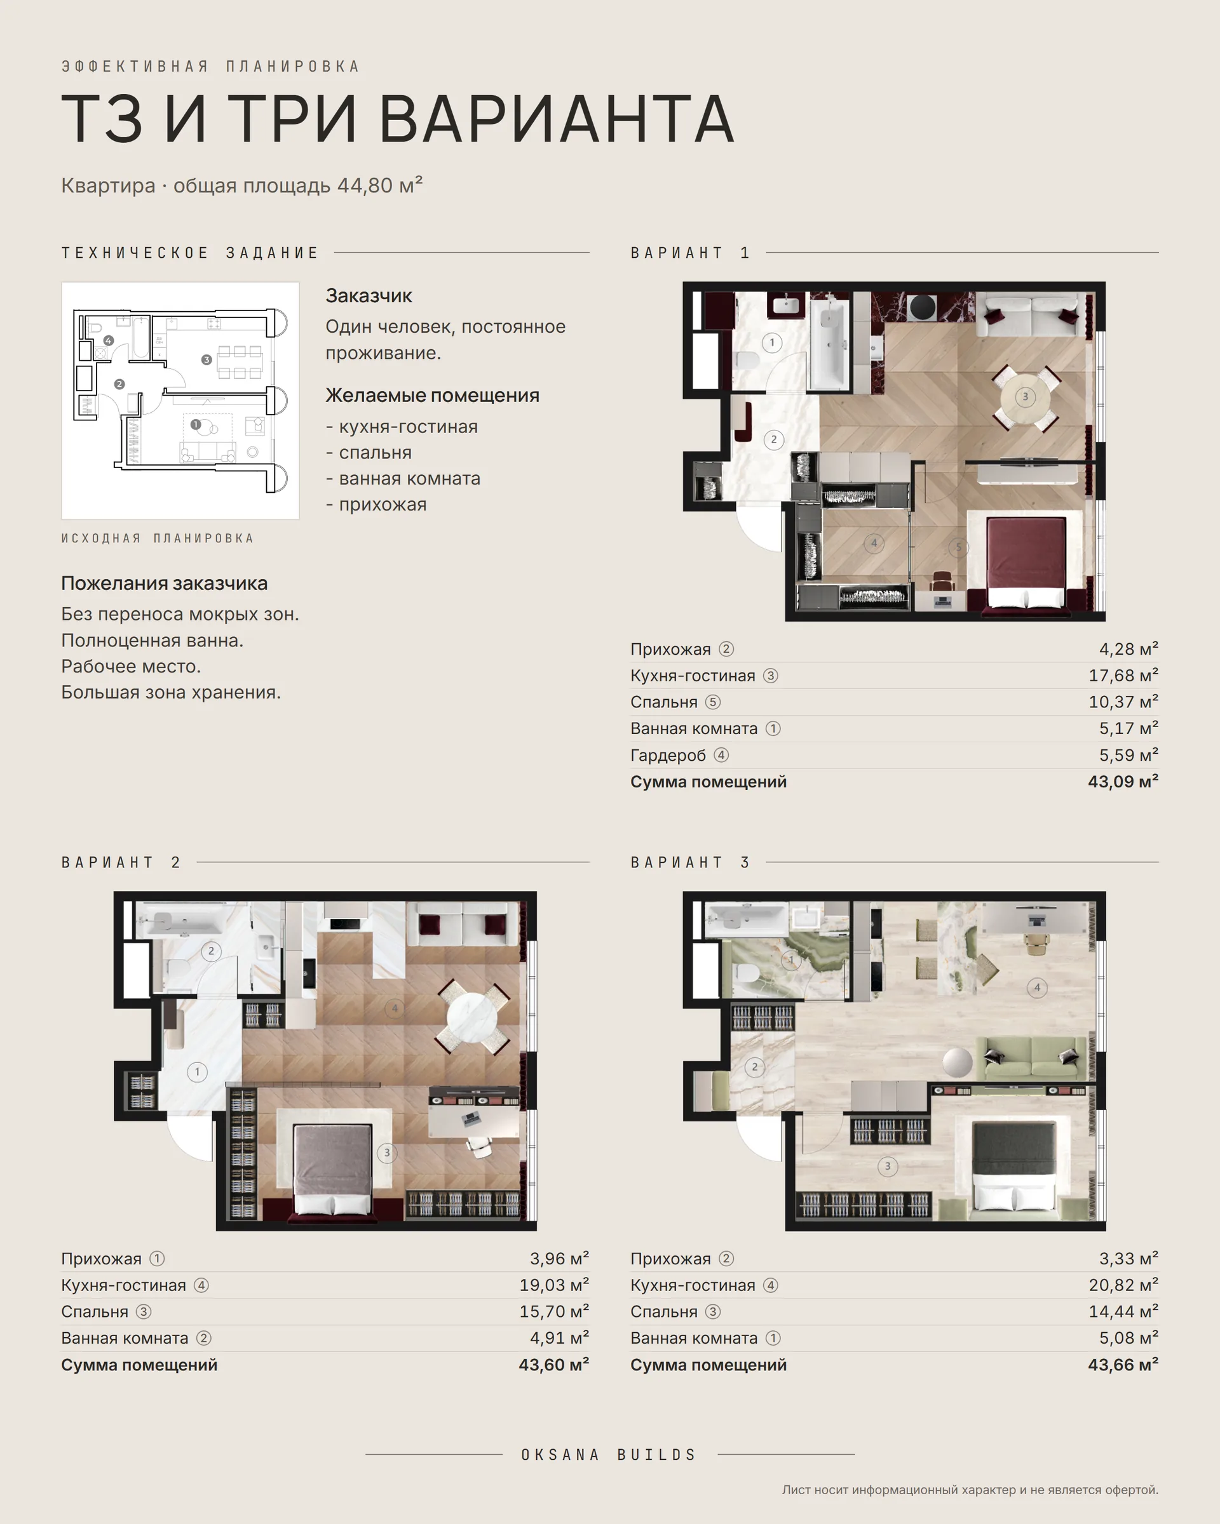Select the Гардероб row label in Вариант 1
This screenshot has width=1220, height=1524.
pyautogui.click(x=668, y=756)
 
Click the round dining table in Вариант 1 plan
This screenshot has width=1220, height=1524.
pyautogui.click(x=1025, y=396)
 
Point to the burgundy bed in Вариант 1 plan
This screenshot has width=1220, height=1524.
pyautogui.click(x=1026, y=562)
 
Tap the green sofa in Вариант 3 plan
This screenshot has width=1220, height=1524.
pyautogui.click(x=1031, y=1057)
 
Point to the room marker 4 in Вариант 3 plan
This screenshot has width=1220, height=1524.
pyautogui.click(x=1037, y=987)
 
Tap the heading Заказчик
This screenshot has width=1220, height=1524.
pyautogui.click(x=369, y=295)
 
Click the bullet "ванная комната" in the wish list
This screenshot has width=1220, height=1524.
pyautogui.click(x=403, y=479)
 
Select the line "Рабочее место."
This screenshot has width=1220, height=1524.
pyautogui.click(x=131, y=667)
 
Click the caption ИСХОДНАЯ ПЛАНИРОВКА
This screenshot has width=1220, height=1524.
pyautogui.click(x=157, y=538)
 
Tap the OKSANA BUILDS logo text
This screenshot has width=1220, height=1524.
pyautogui.click(x=609, y=1455)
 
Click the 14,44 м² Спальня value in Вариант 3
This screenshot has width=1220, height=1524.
pyautogui.click(x=1123, y=1312)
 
